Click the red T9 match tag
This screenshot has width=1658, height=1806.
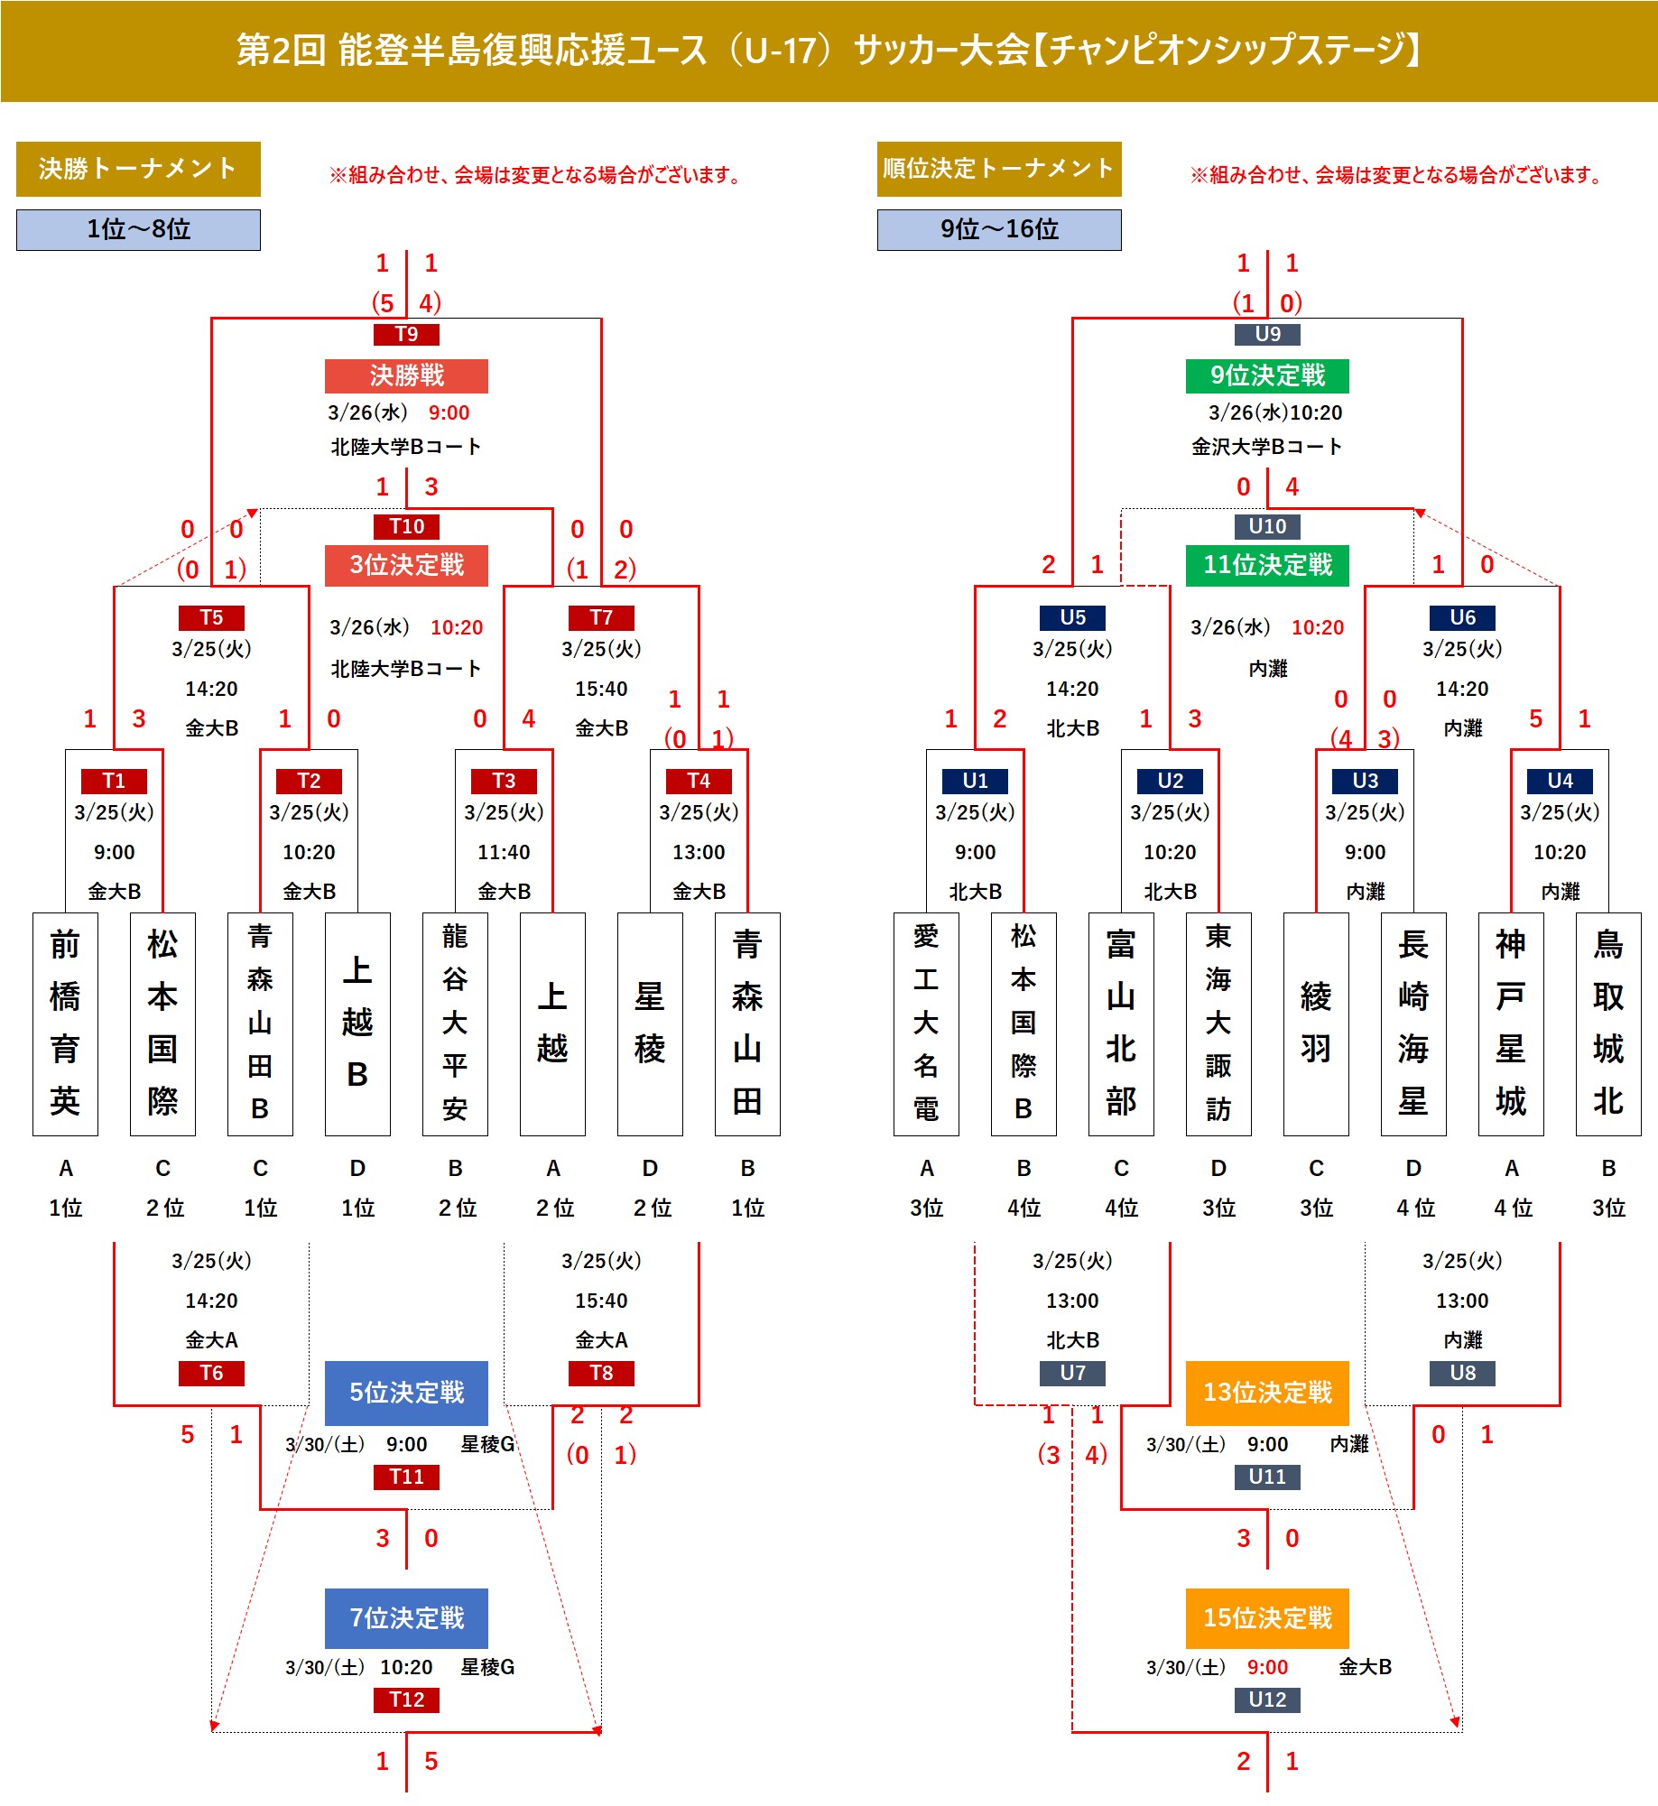(x=406, y=334)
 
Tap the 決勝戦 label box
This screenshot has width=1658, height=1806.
(x=406, y=375)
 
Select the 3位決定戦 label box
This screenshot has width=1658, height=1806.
(x=406, y=565)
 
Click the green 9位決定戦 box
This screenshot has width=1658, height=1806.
(x=1267, y=375)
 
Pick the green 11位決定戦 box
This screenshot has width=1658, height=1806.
(x=1267, y=565)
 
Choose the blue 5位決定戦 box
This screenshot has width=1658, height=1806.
(x=406, y=1393)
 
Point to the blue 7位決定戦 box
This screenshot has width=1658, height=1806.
(x=406, y=1618)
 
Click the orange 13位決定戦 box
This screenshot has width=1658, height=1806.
(x=1267, y=1393)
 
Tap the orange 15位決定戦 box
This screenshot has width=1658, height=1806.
(x=1267, y=1618)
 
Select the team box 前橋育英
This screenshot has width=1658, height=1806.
(x=65, y=1023)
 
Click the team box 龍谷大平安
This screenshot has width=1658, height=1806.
(x=455, y=1023)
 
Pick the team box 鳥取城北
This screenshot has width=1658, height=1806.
(x=1608, y=1023)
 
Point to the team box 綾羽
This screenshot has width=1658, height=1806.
(x=1316, y=1023)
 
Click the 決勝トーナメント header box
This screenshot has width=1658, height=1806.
(x=138, y=169)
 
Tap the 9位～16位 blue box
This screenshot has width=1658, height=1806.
(x=999, y=229)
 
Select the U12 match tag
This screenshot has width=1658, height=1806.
(x=1267, y=1699)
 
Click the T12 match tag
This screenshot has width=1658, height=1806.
(x=406, y=1699)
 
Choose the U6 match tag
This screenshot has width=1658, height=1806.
(x=1462, y=617)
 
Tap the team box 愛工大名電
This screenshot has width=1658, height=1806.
(x=926, y=1023)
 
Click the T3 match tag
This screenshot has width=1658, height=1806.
(x=504, y=781)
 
